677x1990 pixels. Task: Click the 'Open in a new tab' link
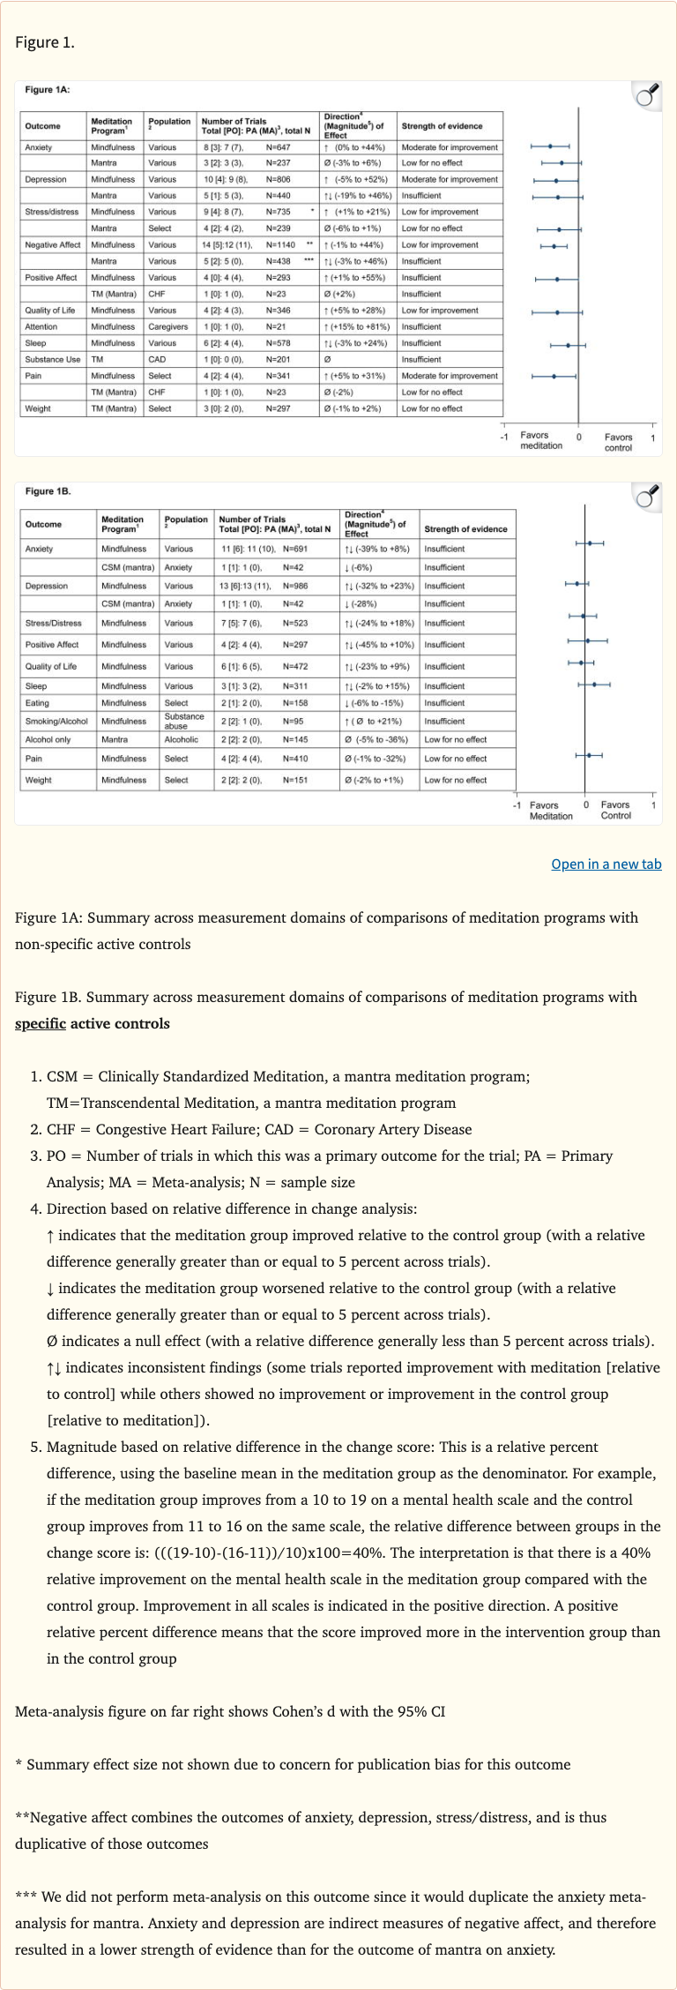[x=606, y=864]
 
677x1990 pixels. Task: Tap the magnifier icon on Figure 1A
[x=648, y=95]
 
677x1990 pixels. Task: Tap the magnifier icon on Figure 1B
[x=648, y=497]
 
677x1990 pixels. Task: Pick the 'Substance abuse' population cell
[x=183, y=722]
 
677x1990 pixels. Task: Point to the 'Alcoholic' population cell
[x=181, y=740]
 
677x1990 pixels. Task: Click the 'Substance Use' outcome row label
[x=53, y=360]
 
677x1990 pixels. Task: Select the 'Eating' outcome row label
[x=37, y=703]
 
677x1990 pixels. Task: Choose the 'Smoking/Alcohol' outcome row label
[x=56, y=722]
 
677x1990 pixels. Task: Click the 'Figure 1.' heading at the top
[x=44, y=42]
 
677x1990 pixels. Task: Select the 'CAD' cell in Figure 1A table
[x=156, y=360]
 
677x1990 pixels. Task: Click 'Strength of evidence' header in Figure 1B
[x=465, y=529]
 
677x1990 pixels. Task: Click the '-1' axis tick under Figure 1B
[x=517, y=805]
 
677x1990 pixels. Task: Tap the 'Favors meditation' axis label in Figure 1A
[x=540, y=441]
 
